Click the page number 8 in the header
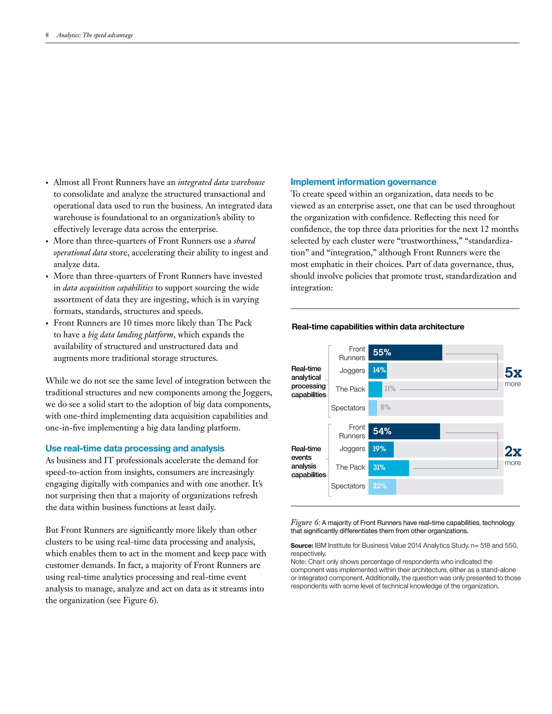(47, 35)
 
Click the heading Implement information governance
(363, 182)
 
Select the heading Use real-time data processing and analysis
(135, 448)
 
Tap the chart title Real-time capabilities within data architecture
(378, 327)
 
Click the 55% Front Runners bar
(405, 352)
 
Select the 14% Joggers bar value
(379, 370)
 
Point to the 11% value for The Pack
(389, 389)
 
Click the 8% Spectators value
(385, 407)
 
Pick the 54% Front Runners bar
(404, 431)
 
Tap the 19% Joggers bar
(381, 449)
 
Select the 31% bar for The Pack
(388, 467)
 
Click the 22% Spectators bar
(382, 486)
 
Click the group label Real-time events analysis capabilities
(308, 461)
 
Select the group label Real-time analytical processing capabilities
(308, 382)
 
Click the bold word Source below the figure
(302, 545)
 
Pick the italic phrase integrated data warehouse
(221, 182)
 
